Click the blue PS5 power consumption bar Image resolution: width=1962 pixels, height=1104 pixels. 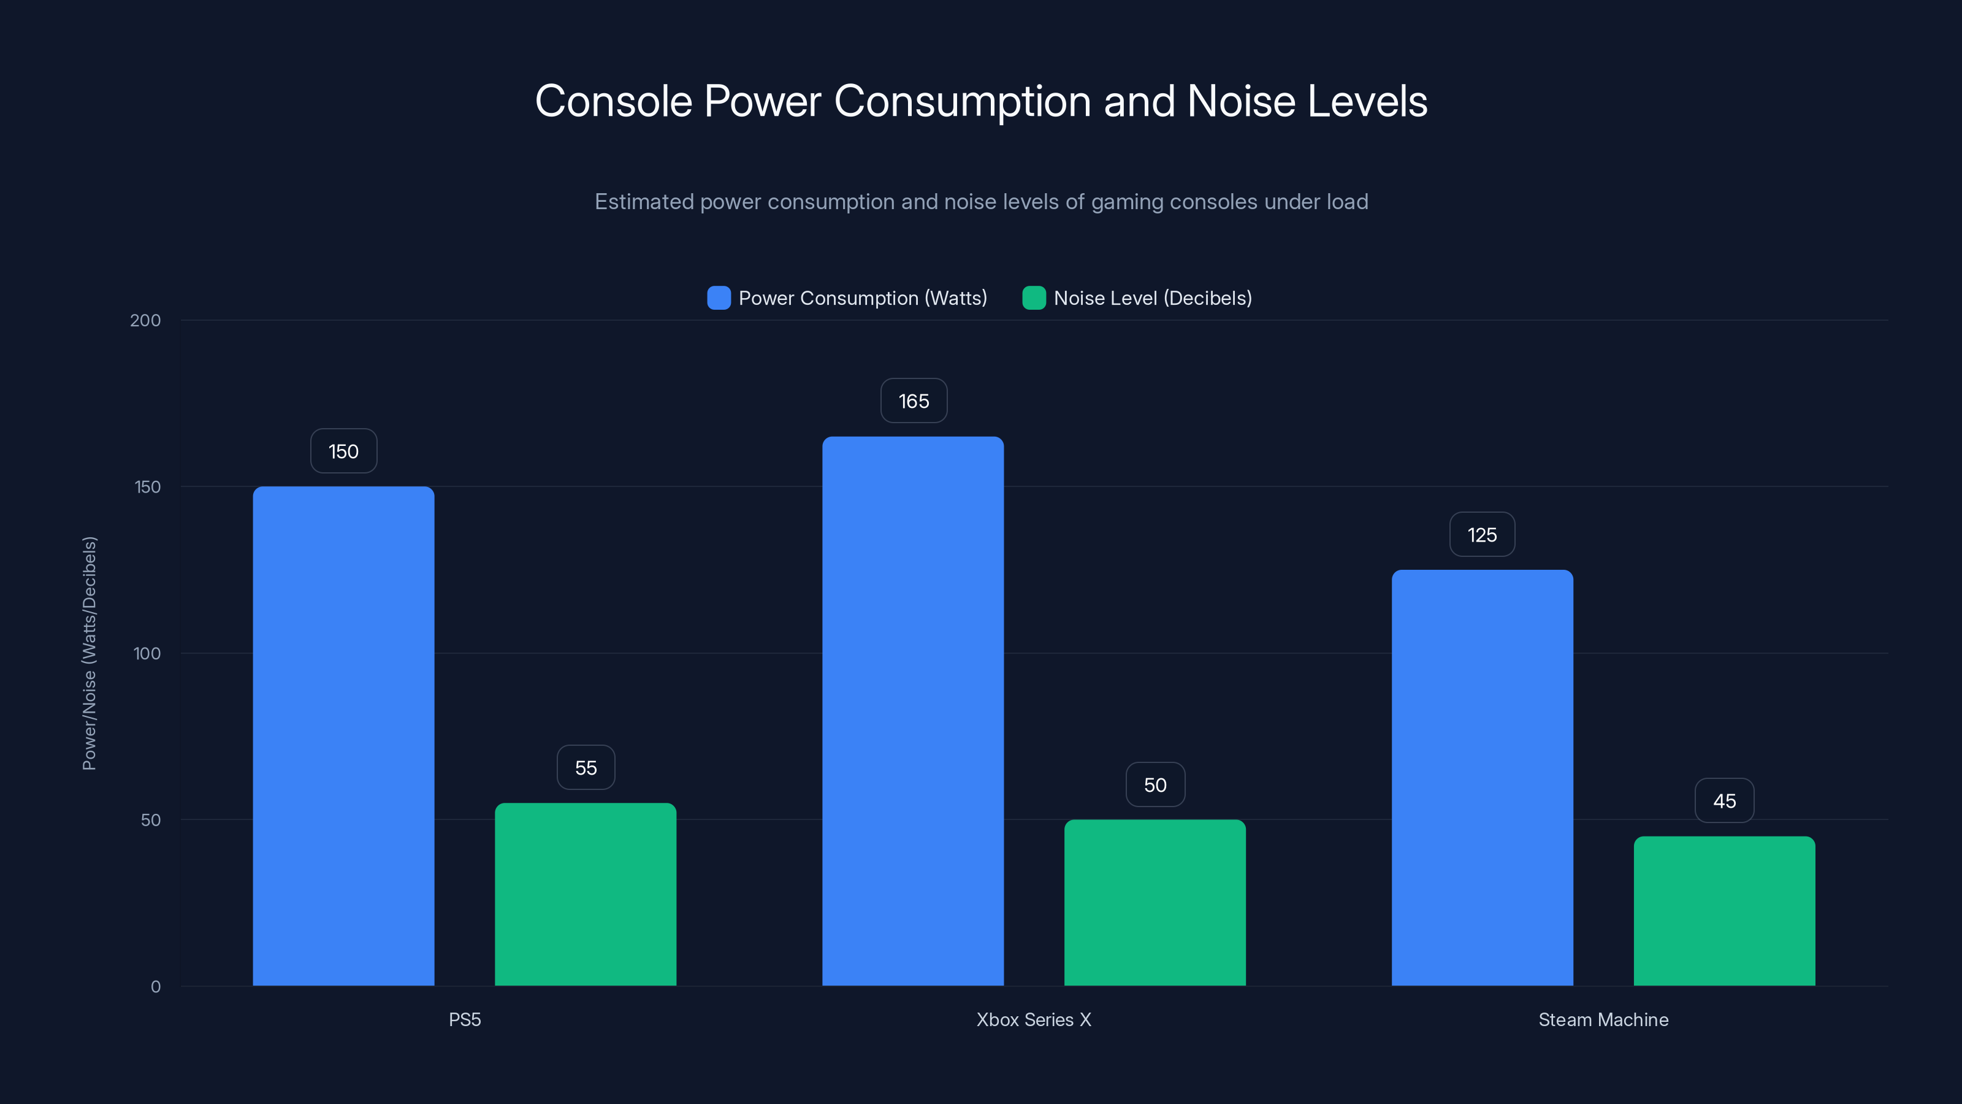343,735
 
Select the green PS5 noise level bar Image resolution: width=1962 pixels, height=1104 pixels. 585,894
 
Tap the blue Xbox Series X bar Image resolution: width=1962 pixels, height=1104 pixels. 912,710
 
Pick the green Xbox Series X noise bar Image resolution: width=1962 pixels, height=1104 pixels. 1155,902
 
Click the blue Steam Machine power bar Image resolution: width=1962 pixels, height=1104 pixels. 1482,777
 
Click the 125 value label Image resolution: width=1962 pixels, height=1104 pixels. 1481,535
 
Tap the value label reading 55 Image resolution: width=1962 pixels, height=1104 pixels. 585,767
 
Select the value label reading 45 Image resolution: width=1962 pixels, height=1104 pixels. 1724,801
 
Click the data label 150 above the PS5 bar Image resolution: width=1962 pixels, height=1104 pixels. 343,451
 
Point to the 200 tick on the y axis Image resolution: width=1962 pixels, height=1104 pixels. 145,320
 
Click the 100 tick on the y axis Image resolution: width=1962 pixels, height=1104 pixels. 147,653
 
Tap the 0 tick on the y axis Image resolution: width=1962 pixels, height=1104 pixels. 155,987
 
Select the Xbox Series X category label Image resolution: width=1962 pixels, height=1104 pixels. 1034,1019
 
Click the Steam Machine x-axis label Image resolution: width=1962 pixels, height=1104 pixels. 1603,1019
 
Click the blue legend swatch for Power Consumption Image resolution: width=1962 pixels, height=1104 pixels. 718,298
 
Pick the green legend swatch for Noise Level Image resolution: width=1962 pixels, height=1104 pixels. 1034,298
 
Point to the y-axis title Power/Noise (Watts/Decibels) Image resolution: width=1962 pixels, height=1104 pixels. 89,653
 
